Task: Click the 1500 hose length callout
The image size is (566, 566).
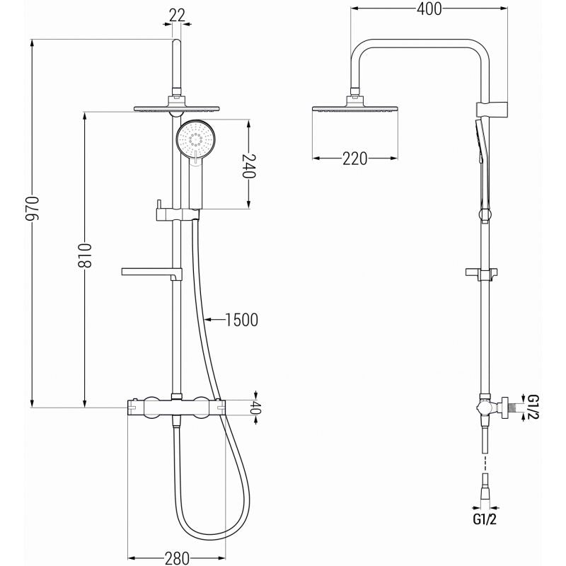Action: [239, 320]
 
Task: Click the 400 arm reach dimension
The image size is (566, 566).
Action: [429, 9]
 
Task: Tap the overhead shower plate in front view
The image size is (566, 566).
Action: [176, 110]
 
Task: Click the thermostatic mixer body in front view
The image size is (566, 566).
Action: [174, 407]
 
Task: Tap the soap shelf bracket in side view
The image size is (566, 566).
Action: [483, 272]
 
